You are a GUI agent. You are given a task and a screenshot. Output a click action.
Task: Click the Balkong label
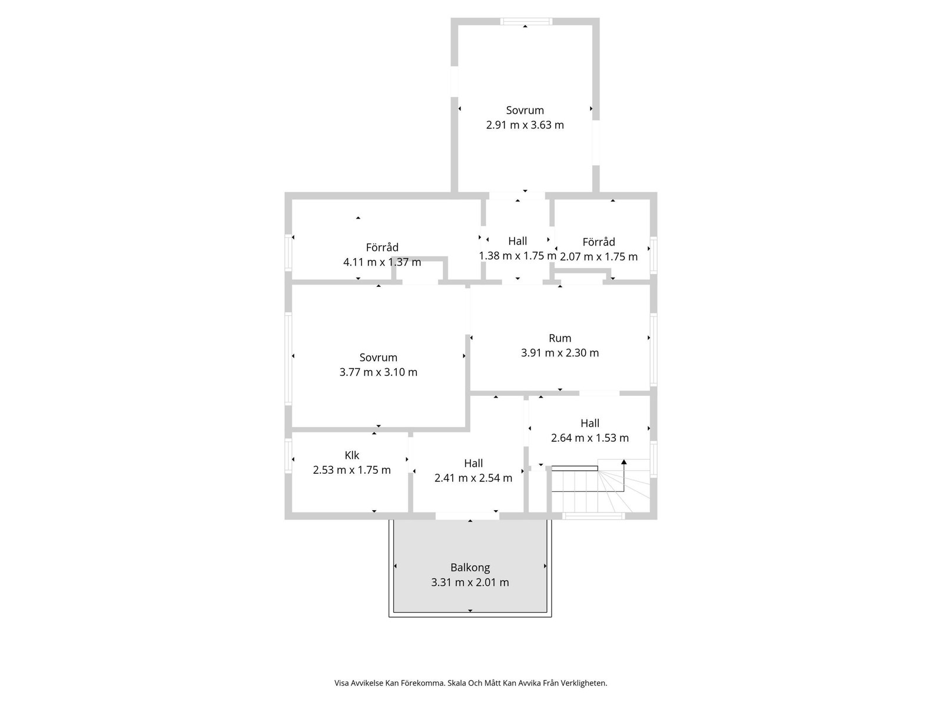pyautogui.click(x=470, y=567)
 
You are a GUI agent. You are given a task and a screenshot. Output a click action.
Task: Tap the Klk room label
pyautogui.click(x=351, y=455)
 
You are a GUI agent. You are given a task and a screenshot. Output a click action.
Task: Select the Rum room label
pyautogui.click(x=560, y=338)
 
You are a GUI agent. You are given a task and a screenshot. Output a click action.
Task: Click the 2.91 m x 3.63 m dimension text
pyautogui.click(x=525, y=125)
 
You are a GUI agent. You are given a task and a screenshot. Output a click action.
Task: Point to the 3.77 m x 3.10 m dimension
pyautogui.click(x=378, y=372)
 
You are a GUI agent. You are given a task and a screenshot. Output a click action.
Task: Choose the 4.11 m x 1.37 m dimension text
pyautogui.click(x=382, y=262)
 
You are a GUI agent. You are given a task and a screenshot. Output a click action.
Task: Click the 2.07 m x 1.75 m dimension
pyautogui.click(x=599, y=257)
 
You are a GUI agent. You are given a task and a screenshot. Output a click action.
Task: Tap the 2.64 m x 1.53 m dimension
pyautogui.click(x=590, y=438)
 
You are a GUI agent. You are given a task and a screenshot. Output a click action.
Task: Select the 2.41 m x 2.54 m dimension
pyautogui.click(x=473, y=478)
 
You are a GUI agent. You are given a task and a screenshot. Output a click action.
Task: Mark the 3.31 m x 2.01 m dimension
pyautogui.click(x=470, y=583)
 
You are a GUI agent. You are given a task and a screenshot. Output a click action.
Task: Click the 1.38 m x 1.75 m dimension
pyautogui.click(x=518, y=256)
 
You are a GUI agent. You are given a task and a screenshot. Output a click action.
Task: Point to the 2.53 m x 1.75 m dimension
pyautogui.click(x=351, y=470)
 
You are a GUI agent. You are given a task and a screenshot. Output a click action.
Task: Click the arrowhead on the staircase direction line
pyautogui.click(x=623, y=462)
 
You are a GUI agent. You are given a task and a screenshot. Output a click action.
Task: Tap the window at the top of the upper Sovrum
pyautogui.click(x=526, y=21)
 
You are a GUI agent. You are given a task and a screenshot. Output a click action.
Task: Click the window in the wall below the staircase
pyautogui.click(x=593, y=516)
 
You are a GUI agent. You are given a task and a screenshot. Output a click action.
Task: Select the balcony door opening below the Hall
pyautogui.click(x=467, y=516)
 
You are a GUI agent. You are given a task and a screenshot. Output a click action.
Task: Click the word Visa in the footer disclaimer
pyautogui.click(x=341, y=683)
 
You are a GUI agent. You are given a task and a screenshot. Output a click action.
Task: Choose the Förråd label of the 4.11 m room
pyautogui.click(x=382, y=247)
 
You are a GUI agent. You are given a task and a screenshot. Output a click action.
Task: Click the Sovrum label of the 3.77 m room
pyautogui.click(x=378, y=358)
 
